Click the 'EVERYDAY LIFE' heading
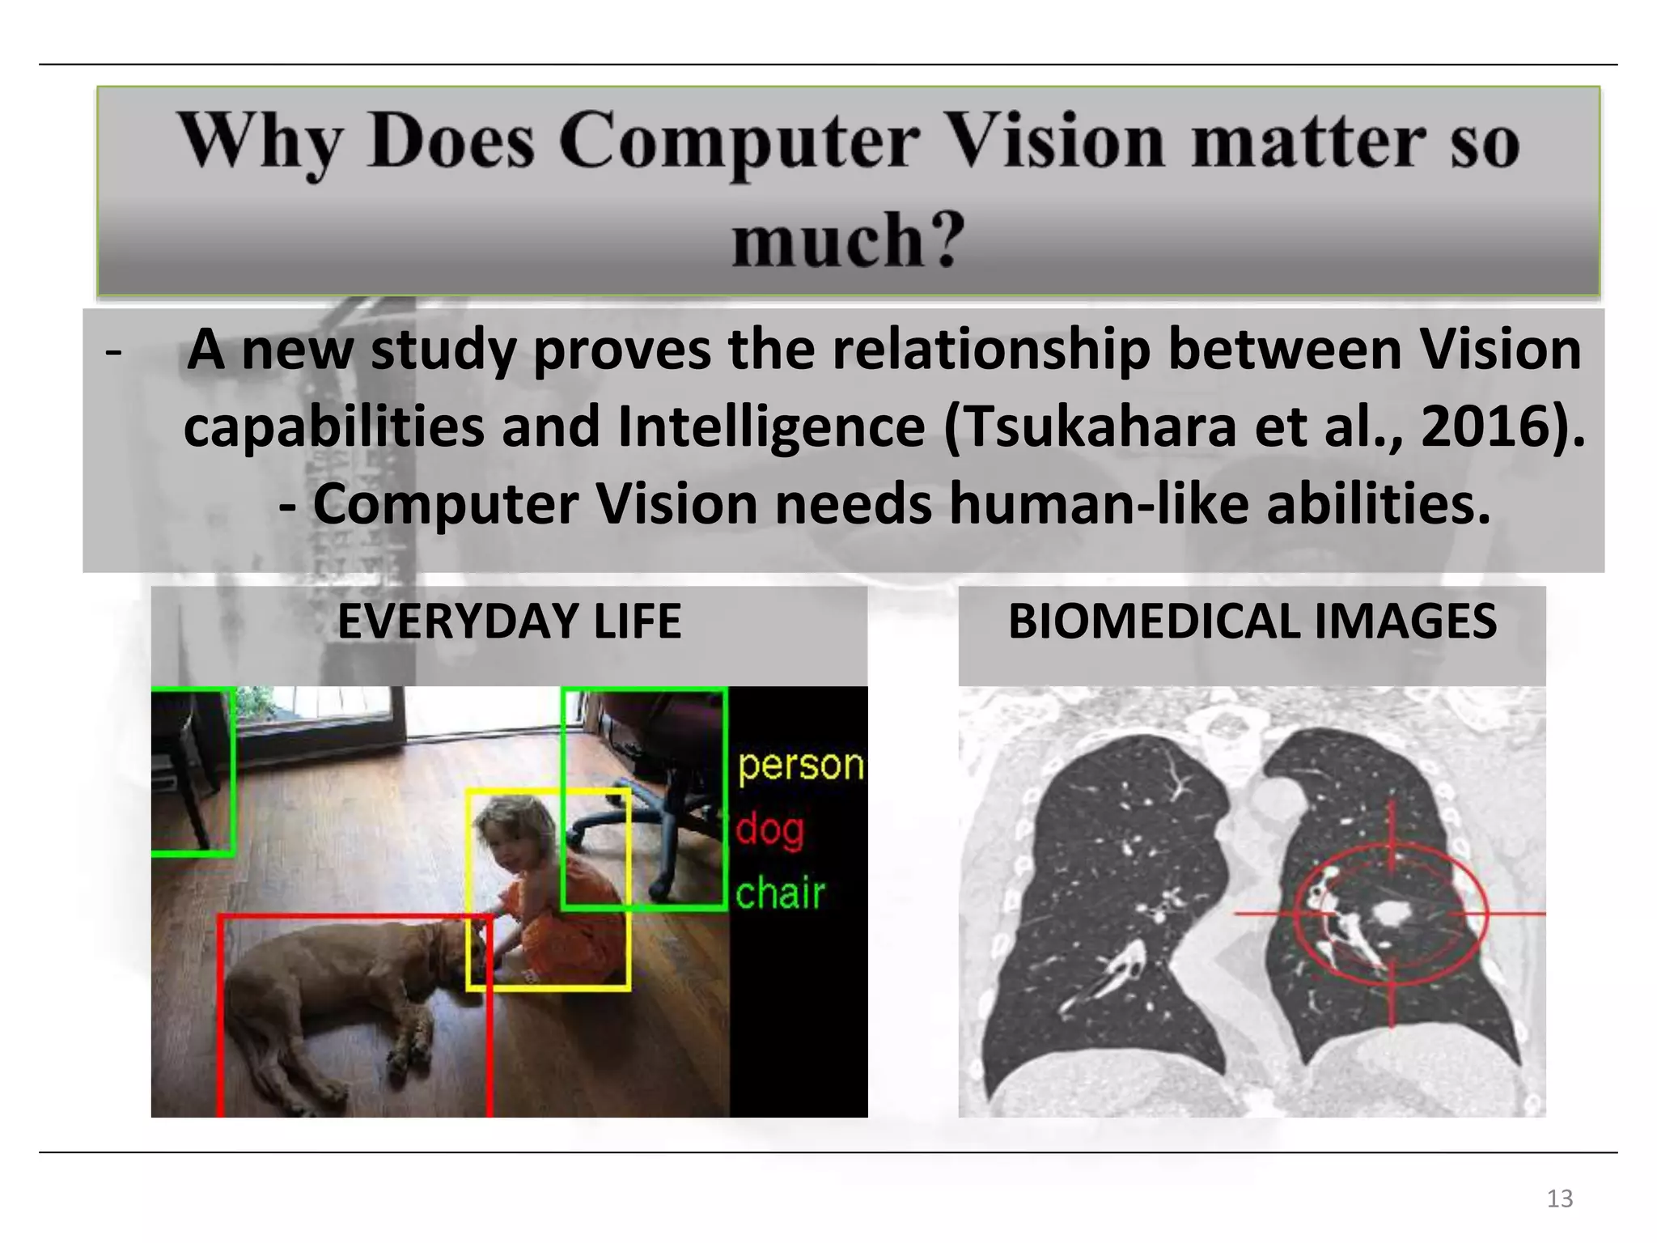point(509,621)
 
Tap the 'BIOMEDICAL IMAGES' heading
point(1252,621)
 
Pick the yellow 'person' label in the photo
point(800,765)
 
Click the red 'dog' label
point(769,830)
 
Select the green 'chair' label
point(780,893)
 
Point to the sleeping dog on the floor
point(340,995)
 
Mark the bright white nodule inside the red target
point(1391,914)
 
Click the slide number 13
point(1559,1198)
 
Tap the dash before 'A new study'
point(113,351)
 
